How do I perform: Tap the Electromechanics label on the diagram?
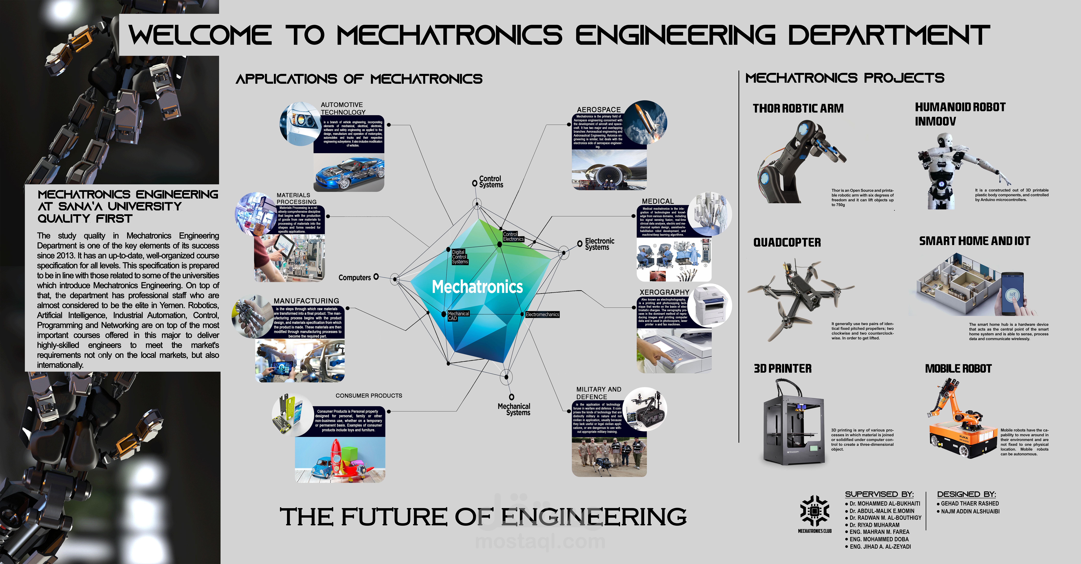(542, 314)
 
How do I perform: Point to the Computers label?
(355, 277)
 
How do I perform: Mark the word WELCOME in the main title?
(200, 35)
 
